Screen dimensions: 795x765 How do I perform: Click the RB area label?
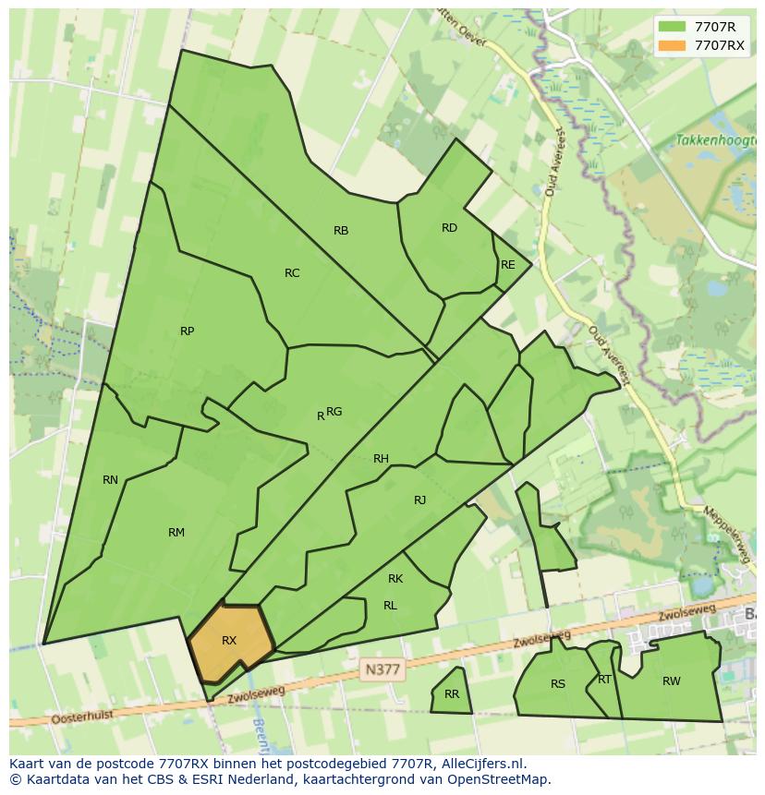pyautogui.click(x=341, y=231)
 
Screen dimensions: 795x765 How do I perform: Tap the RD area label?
pyautogui.click(x=449, y=228)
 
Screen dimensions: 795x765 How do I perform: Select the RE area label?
pyautogui.click(x=507, y=265)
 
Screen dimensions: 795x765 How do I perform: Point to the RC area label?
pyautogui.click(x=292, y=273)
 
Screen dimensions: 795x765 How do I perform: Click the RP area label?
pyautogui.click(x=187, y=331)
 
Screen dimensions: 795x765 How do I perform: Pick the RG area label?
pyautogui.click(x=334, y=412)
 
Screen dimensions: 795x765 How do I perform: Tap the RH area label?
pyautogui.click(x=381, y=459)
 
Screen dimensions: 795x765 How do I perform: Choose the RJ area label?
pyautogui.click(x=419, y=500)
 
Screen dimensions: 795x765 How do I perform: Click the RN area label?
pyautogui.click(x=110, y=480)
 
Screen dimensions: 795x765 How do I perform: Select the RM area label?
pyautogui.click(x=176, y=533)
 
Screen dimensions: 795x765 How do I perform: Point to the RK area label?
pyautogui.click(x=395, y=579)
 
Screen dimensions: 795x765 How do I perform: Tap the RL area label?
pyautogui.click(x=390, y=606)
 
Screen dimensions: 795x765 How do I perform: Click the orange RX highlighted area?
pyautogui.click(x=230, y=641)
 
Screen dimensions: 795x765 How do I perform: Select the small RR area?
pyautogui.click(x=452, y=694)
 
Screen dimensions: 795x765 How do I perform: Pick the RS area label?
pyautogui.click(x=557, y=684)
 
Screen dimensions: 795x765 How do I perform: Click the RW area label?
pyautogui.click(x=671, y=681)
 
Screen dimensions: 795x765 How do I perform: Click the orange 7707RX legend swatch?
pyautogui.click(x=673, y=45)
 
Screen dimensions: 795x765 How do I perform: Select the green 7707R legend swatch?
pyautogui.click(x=673, y=27)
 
